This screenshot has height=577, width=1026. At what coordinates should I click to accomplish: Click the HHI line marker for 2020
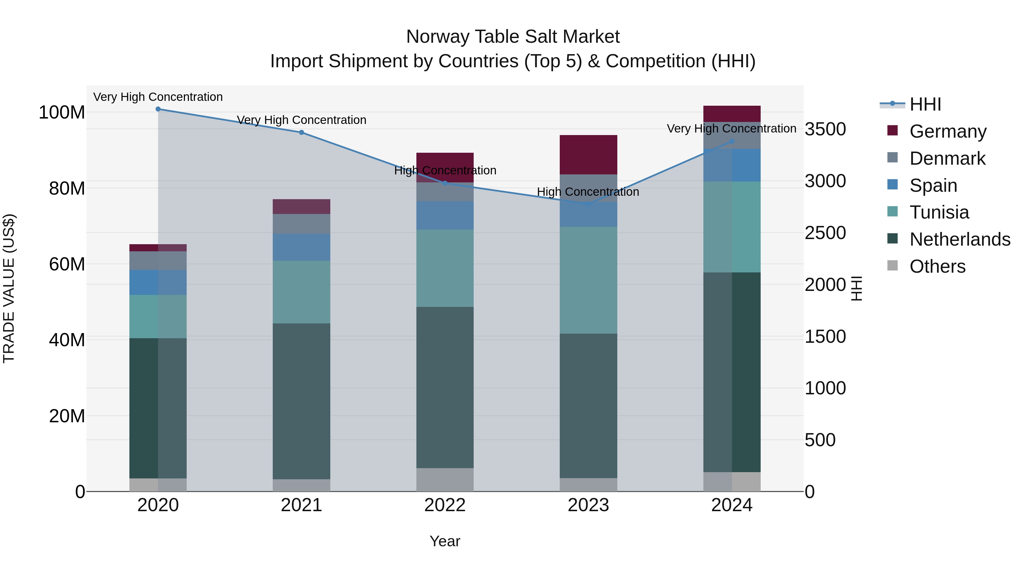pyautogui.click(x=158, y=109)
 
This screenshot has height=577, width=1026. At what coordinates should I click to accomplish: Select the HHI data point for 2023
pyautogui.click(x=588, y=204)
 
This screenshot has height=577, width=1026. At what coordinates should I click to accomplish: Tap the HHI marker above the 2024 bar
pyautogui.click(x=732, y=141)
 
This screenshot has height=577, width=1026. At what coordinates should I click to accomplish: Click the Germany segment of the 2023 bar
pyautogui.click(x=588, y=154)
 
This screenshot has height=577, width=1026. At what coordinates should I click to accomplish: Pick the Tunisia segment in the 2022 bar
pyautogui.click(x=445, y=268)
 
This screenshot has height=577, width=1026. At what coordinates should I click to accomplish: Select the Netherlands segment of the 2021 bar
pyautogui.click(x=302, y=401)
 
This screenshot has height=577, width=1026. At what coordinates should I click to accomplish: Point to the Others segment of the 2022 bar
pyautogui.click(x=445, y=480)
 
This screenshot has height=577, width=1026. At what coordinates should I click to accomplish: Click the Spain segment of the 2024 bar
pyautogui.click(x=732, y=165)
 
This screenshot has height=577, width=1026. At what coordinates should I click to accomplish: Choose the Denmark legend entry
pyautogui.click(x=947, y=158)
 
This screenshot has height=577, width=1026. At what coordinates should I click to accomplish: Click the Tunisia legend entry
pyautogui.click(x=939, y=212)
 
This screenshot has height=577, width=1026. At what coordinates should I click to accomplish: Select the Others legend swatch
pyautogui.click(x=893, y=266)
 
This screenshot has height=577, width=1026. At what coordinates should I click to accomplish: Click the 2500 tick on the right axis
pyautogui.click(x=825, y=233)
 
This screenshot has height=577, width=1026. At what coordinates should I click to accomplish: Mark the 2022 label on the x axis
pyautogui.click(x=445, y=505)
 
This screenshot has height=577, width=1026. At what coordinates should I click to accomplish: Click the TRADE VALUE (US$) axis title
pyautogui.click(x=9, y=288)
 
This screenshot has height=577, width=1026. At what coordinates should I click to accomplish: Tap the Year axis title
pyautogui.click(x=445, y=541)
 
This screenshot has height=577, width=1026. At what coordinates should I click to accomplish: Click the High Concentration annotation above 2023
pyautogui.click(x=588, y=192)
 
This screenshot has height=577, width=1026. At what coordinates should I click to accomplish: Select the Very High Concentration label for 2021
pyautogui.click(x=302, y=120)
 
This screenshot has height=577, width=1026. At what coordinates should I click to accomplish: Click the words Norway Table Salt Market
pyautogui.click(x=513, y=37)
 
